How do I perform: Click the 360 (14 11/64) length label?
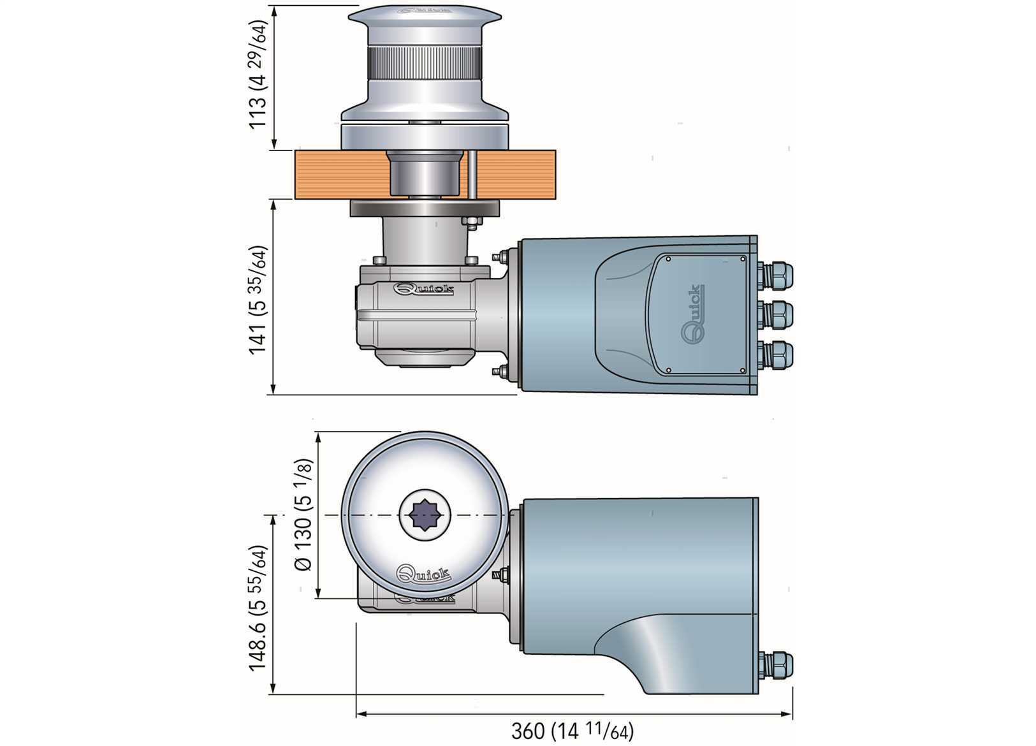pos(572,731)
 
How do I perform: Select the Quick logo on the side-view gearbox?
pos(424,289)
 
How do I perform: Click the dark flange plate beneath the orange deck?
pos(424,208)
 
